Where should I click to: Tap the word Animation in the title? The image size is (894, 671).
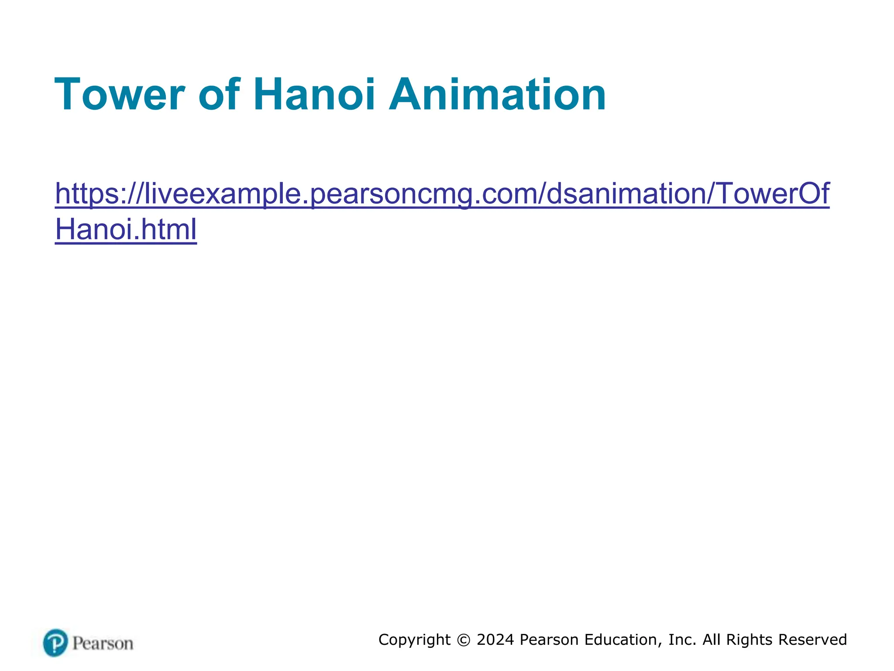tap(497, 94)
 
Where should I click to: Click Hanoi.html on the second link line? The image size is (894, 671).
tap(126, 229)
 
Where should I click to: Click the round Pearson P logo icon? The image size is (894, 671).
tap(55, 643)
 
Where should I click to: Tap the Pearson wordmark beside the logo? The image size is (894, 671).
tap(103, 643)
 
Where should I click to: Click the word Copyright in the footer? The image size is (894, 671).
tap(414, 640)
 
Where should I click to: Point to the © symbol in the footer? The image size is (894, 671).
tap(464, 640)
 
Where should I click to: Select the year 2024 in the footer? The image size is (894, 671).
tap(495, 640)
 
